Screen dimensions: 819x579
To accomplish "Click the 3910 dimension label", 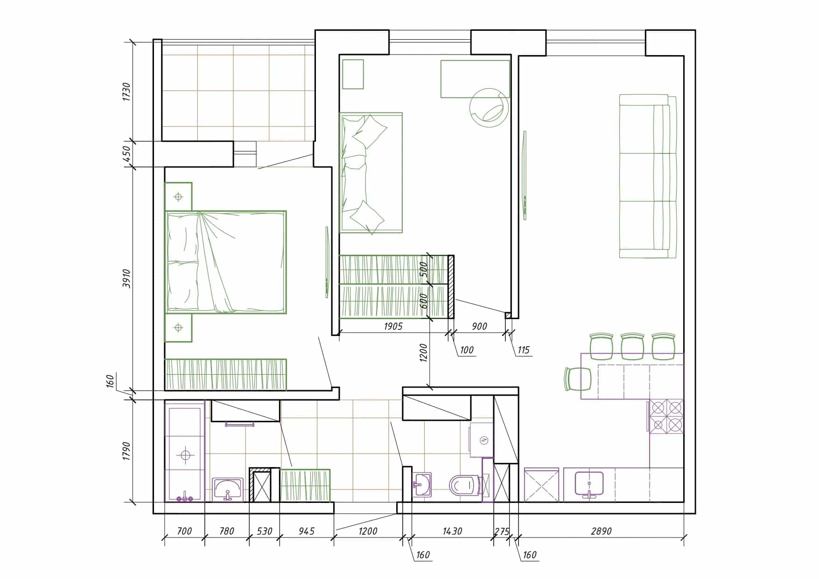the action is [x=126, y=278].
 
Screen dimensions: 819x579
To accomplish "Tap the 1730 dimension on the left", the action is [x=126, y=91].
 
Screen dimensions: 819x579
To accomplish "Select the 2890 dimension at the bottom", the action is [x=601, y=531].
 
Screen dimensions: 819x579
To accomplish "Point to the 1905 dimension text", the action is [x=393, y=326].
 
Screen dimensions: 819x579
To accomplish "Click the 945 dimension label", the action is [x=306, y=531].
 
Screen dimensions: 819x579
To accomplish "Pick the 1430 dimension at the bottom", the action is [x=452, y=531].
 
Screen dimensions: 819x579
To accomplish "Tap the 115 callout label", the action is [x=524, y=350].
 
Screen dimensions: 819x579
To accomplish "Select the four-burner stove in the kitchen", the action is [x=666, y=416].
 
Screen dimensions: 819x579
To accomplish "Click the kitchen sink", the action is [x=589, y=484].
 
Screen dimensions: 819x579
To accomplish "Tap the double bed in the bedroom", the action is [x=226, y=262].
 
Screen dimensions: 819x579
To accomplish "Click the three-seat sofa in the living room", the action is [x=648, y=176].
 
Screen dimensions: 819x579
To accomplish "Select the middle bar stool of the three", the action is [x=632, y=346].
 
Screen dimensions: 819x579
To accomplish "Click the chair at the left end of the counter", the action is [x=578, y=379].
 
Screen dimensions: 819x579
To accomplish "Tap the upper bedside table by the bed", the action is [x=178, y=196].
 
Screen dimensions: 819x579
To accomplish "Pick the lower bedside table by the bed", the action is [x=178, y=328].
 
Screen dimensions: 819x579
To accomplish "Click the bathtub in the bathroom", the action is [x=185, y=452].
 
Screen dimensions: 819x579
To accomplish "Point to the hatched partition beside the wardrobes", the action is [x=451, y=286].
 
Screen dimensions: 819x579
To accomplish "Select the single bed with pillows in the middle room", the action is [x=371, y=173].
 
